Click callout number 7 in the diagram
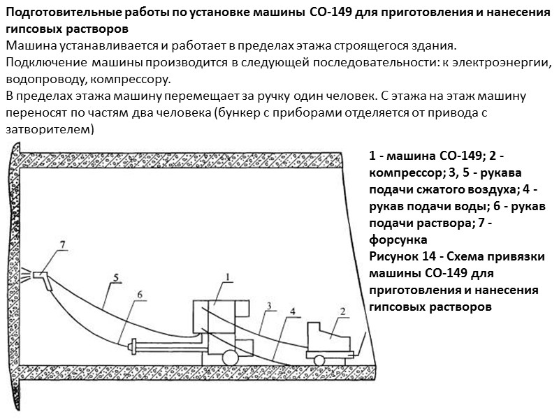(62, 244)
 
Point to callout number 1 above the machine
(228, 277)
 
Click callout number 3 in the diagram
(269, 305)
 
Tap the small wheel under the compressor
(320, 359)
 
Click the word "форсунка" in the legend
(397, 239)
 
